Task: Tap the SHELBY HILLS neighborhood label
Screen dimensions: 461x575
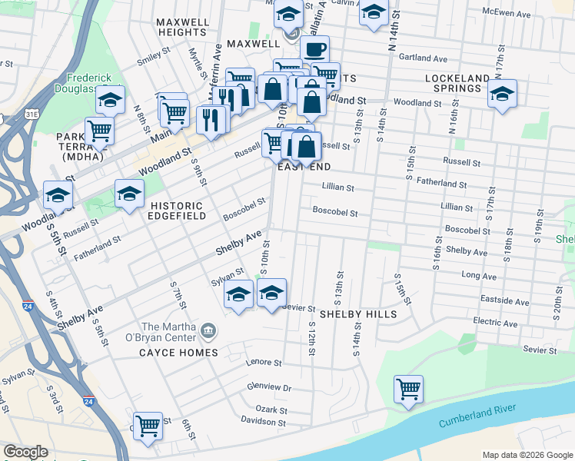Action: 358,314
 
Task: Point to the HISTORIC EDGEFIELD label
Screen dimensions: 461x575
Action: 177,211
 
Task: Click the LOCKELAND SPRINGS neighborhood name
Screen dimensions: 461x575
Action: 457,85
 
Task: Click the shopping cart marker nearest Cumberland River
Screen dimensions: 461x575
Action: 408,388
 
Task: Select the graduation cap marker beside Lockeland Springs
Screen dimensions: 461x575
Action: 503,95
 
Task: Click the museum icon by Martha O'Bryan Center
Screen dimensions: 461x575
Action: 208,331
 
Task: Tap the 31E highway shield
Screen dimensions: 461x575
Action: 32,114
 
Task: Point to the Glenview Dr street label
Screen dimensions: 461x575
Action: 270,388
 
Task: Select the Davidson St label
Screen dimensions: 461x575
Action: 263,422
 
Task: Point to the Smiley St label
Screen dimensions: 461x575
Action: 153,58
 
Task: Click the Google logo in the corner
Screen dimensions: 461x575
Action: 25,452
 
